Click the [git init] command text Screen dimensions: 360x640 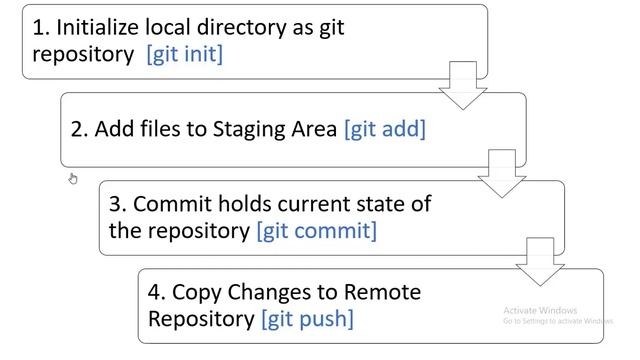tap(185, 54)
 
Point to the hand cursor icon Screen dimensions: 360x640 tap(73, 179)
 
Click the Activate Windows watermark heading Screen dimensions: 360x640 tap(540, 310)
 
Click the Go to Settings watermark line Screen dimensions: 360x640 tap(557, 321)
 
